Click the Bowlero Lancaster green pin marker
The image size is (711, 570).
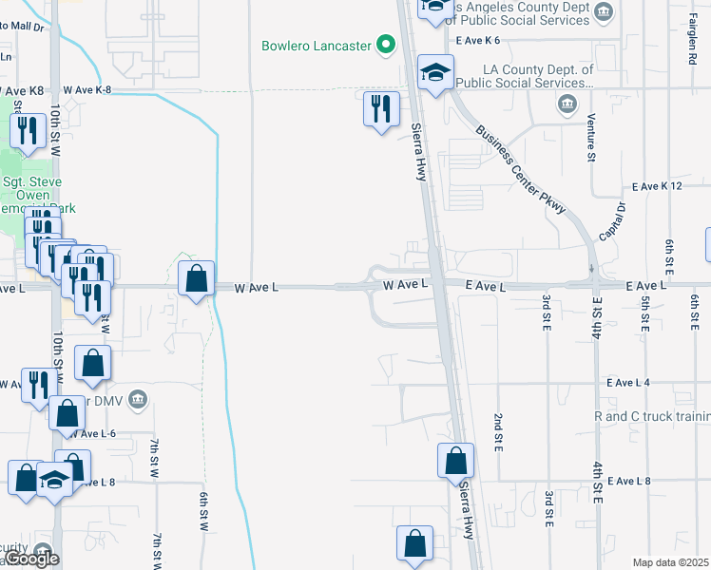[x=386, y=44]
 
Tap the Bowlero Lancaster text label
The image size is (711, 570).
[x=317, y=46]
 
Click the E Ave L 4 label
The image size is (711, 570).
[x=627, y=382]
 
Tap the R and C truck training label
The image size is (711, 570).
[x=651, y=416]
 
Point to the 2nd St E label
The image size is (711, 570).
[x=497, y=430]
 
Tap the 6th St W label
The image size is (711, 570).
[x=203, y=511]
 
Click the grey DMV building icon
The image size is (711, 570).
[x=139, y=397]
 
